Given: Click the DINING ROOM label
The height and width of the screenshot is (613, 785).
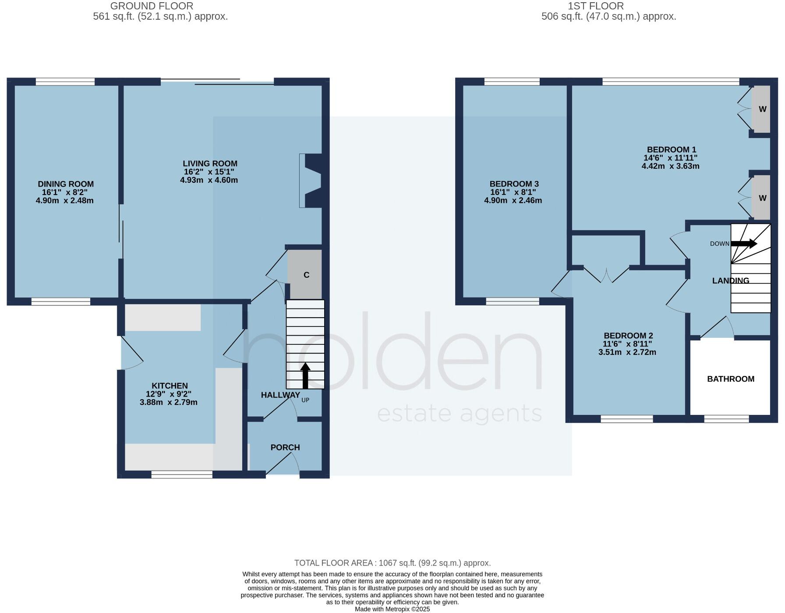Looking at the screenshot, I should click(66, 184).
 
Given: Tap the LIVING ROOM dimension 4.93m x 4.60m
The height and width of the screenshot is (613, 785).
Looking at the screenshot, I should click(209, 180).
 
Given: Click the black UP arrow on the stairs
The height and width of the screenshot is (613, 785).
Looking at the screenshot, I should click(305, 376).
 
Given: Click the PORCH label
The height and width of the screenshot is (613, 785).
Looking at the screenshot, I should click(285, 447).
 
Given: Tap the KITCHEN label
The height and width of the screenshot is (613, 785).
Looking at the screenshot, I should click(170, 386).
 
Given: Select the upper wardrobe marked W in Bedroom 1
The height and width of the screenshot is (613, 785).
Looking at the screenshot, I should click(762, 109).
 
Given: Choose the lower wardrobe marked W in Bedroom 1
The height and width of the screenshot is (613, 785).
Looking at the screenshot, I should click(762, 198).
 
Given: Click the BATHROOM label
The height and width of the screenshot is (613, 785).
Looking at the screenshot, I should click(730, 379).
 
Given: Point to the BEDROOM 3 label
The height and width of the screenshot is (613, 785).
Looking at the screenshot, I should click(514, 184).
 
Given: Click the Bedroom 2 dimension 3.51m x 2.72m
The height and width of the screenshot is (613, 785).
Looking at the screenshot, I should click(627, 352).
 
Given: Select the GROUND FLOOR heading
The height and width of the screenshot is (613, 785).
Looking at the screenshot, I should click(152, 6).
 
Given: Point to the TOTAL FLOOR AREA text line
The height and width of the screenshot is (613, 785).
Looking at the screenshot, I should click(392, 563).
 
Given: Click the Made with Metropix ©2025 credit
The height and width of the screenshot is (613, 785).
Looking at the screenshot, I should click(392, 609).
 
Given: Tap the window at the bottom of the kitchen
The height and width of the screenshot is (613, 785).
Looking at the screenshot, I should click(182, 475).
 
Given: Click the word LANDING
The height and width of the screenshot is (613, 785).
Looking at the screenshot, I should click(730, 281).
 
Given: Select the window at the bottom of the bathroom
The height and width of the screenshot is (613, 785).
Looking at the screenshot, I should click(726, 419).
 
